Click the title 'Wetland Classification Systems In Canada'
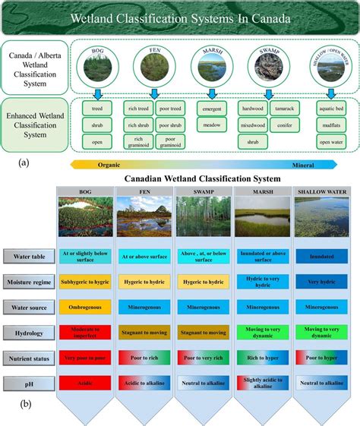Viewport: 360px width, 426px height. point(179,18)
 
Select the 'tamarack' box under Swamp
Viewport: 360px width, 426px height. point(285,108)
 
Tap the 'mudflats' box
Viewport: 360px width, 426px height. point(330,125)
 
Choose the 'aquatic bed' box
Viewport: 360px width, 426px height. point(330,108)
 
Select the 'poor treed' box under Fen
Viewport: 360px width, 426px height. point(171,108)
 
